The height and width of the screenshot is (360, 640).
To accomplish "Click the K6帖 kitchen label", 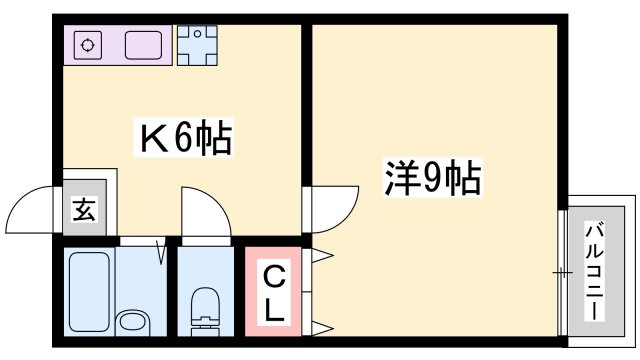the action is [x=184, y=139].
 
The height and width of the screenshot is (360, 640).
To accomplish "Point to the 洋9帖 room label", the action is [x=433, y=179].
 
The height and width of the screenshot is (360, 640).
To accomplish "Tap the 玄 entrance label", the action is [x=84, y=212].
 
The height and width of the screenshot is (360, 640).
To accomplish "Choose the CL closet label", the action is [x=273, y=291].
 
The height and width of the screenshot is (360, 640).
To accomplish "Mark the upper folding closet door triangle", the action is [x=322, y=258].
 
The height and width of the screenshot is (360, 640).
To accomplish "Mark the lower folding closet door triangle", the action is [x=322, y=326].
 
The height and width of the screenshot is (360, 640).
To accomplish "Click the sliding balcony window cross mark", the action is [x=563, y=272].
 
